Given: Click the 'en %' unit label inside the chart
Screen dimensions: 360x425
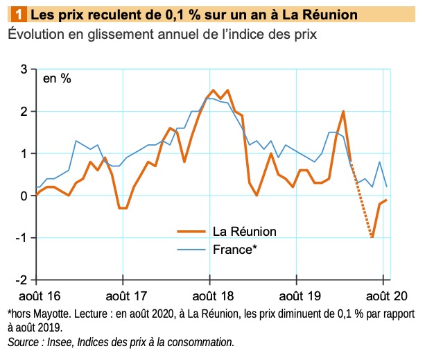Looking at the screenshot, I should [57, 78].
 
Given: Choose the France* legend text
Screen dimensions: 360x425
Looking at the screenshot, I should [233, 248].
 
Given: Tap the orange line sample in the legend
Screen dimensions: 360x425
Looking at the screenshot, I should [191, 231].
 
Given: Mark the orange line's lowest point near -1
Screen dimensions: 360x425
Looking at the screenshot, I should [373, 237].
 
